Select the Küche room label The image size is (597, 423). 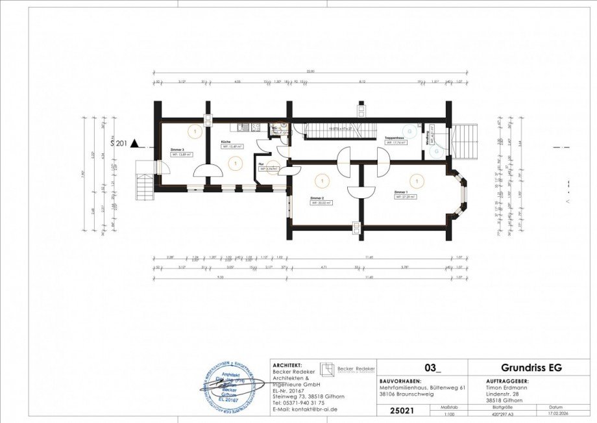click(x=226, y=141)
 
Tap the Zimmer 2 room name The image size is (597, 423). click(x=316, y=198)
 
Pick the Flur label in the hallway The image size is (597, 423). click(x=261, y=164)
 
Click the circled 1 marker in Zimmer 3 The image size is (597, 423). click(x=194, y=131)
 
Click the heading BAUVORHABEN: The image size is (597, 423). click(x=400, y=381)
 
